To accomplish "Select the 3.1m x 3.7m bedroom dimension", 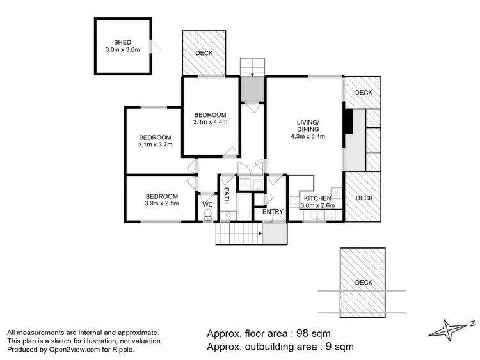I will [156, 145].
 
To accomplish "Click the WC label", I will [207, 205].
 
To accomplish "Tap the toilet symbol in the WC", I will [207, 216].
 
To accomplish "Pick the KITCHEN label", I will [317, 198].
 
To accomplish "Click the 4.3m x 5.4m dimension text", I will [308, 136].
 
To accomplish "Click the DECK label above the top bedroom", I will [204, 53].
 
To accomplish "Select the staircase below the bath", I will [238, 235].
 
